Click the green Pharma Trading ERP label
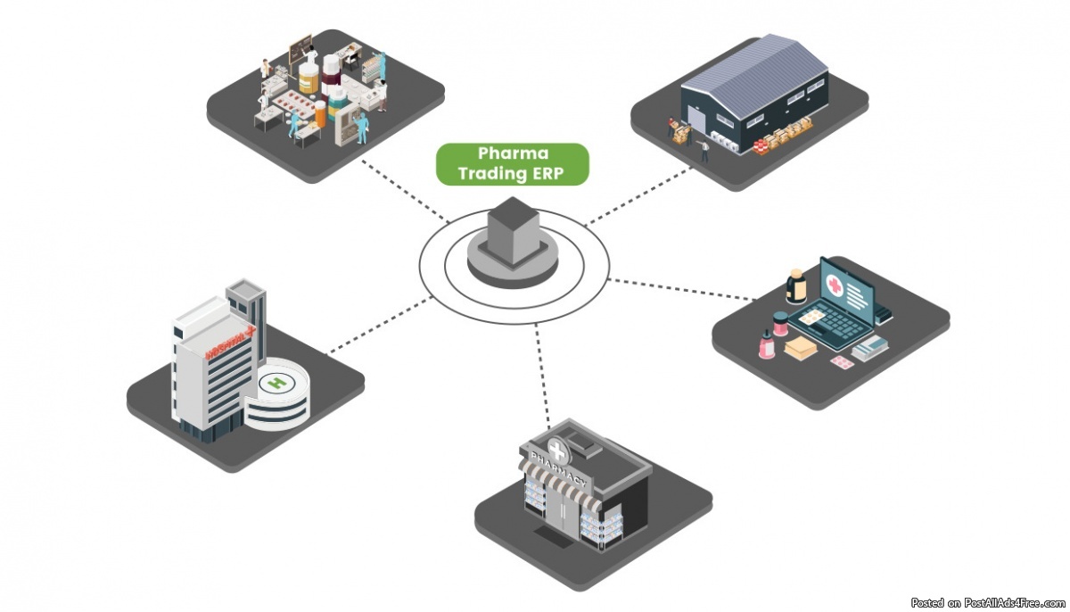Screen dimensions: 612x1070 [512, 164]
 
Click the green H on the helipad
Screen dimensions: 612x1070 [277, 385]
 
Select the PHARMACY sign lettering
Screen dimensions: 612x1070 [559, 470]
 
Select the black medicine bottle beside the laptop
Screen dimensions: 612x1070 [795, 287]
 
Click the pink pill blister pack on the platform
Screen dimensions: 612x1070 [841, 362]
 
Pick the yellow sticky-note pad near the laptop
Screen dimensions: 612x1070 [811, 317]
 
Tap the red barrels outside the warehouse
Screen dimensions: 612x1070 [762, 145]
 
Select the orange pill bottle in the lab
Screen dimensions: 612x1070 [308, 81]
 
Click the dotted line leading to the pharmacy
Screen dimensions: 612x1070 [542, 375]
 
